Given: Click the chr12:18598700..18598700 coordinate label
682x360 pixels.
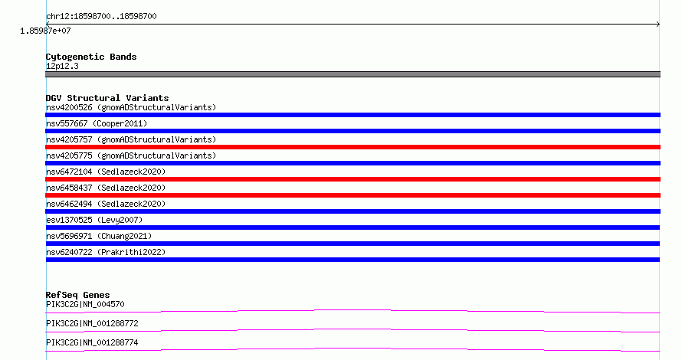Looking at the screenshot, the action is [x=101, y=16].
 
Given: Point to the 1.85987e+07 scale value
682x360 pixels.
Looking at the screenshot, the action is [x=45, y=31].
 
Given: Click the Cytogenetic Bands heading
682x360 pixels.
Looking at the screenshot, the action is [x=91, y=57].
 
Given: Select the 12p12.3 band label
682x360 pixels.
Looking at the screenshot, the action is [x=62, y=66].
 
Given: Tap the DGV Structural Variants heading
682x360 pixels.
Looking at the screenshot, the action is [x=107, y=98].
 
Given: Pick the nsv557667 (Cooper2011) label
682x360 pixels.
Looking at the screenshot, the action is [x=97, y=123].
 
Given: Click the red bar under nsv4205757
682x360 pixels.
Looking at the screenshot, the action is [x=352, y=147].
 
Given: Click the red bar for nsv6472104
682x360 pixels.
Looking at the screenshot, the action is [x=352, y=179].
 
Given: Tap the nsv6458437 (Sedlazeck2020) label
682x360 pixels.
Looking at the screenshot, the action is [x=106, y=188].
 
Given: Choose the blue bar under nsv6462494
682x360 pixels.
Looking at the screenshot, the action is [x=352, y=211].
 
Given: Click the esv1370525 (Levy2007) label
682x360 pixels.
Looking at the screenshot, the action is [x=94, y=220].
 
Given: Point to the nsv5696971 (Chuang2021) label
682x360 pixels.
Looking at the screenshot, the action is [x=99, y=236].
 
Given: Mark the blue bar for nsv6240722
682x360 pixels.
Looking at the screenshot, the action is [x=352, y=260].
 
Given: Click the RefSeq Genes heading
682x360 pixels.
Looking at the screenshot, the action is [x=77, y=295].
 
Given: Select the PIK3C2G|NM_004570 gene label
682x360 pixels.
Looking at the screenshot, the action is [x=85, y=304].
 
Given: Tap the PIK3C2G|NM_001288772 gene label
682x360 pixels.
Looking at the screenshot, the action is [x=92, y=323].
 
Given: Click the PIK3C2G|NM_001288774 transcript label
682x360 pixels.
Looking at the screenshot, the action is [x=92, y=342].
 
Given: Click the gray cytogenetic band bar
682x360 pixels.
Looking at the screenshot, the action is [x=352, y=74].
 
